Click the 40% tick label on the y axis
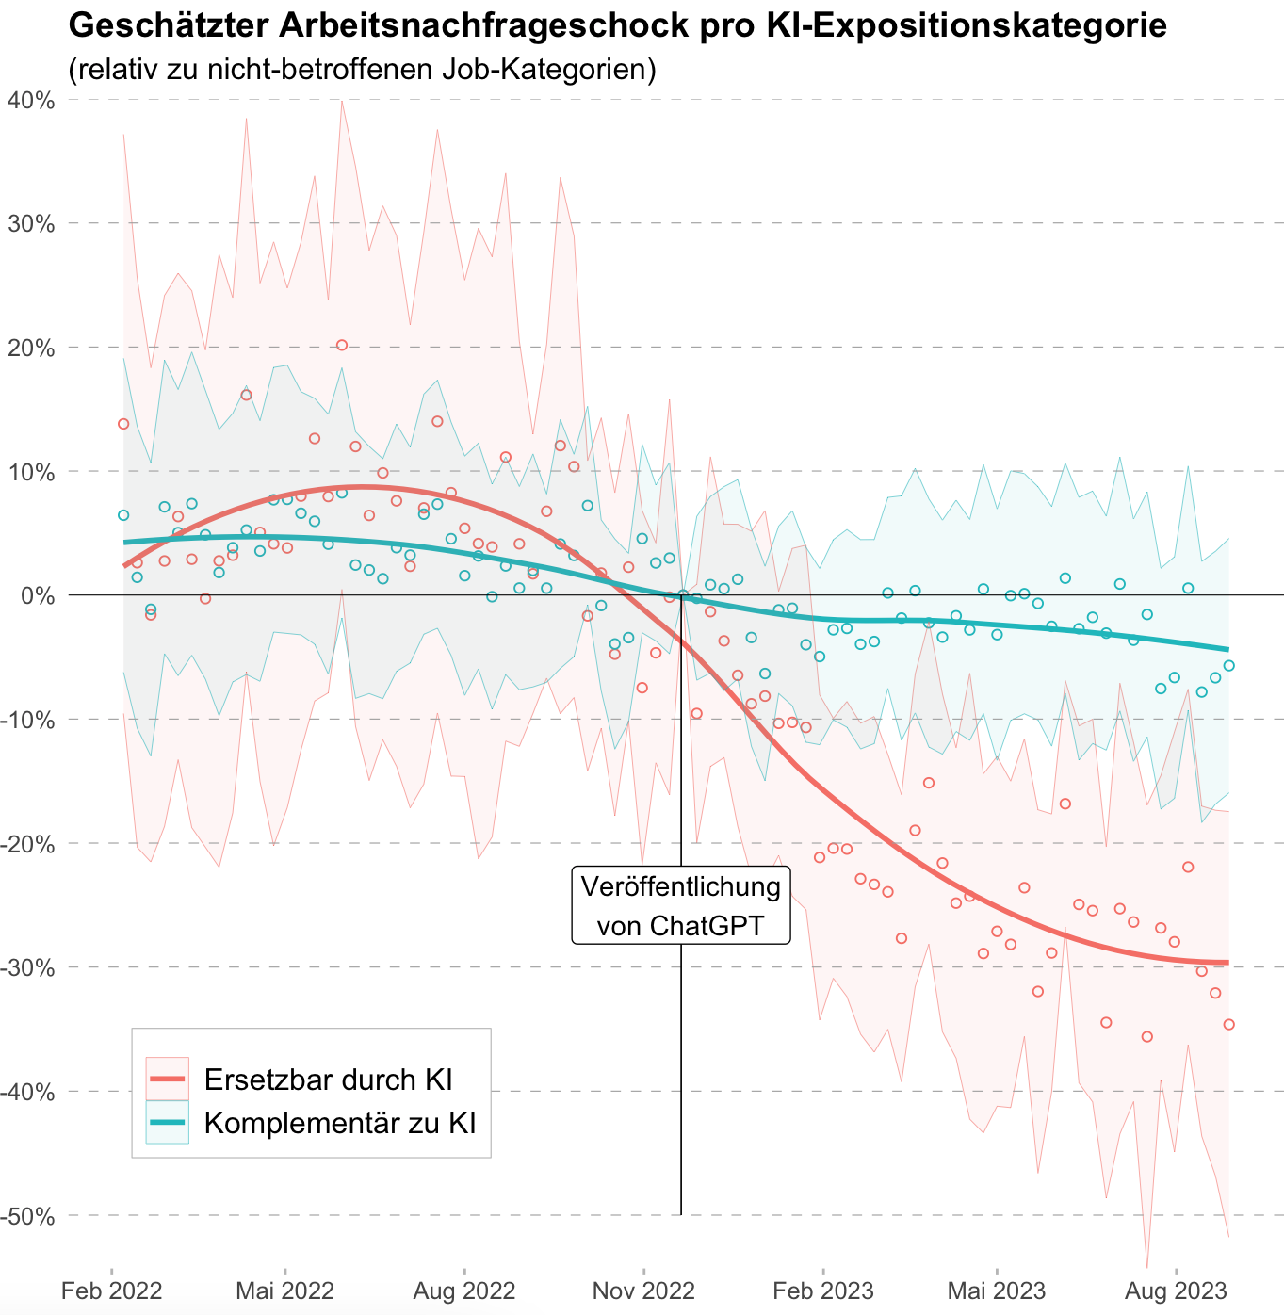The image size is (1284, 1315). pyautogui.click(x=30, y=100)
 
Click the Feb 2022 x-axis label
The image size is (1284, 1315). pyautogui.click(x=111, y=1290)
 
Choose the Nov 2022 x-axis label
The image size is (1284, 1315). pyautogui.click(x=643, y=1290)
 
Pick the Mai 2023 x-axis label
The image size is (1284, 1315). pyautogui.click(x=996, y=1290)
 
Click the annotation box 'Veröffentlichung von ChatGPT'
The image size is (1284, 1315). pyautogui.click(x=681, y=905)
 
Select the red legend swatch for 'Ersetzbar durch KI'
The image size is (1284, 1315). pyautogui.click(x=168, y=1079)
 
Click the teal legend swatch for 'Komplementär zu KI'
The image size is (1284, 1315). pyautogui.click(x=168, y=1122)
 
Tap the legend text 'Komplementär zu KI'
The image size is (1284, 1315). pyautogui.click(x=340, y=1123)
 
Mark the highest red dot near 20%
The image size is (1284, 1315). pyautogui.click(x=342, y=346)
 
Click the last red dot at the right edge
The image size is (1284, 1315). pyautogui.click(x=1228, y=1024)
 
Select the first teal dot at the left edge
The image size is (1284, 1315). pyautogui.click(x=123, y=515)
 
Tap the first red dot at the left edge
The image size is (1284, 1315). pyautogui.click(x=123, y=424)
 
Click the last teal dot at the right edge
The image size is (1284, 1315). pyautogui.click(x=1228, y=666)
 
